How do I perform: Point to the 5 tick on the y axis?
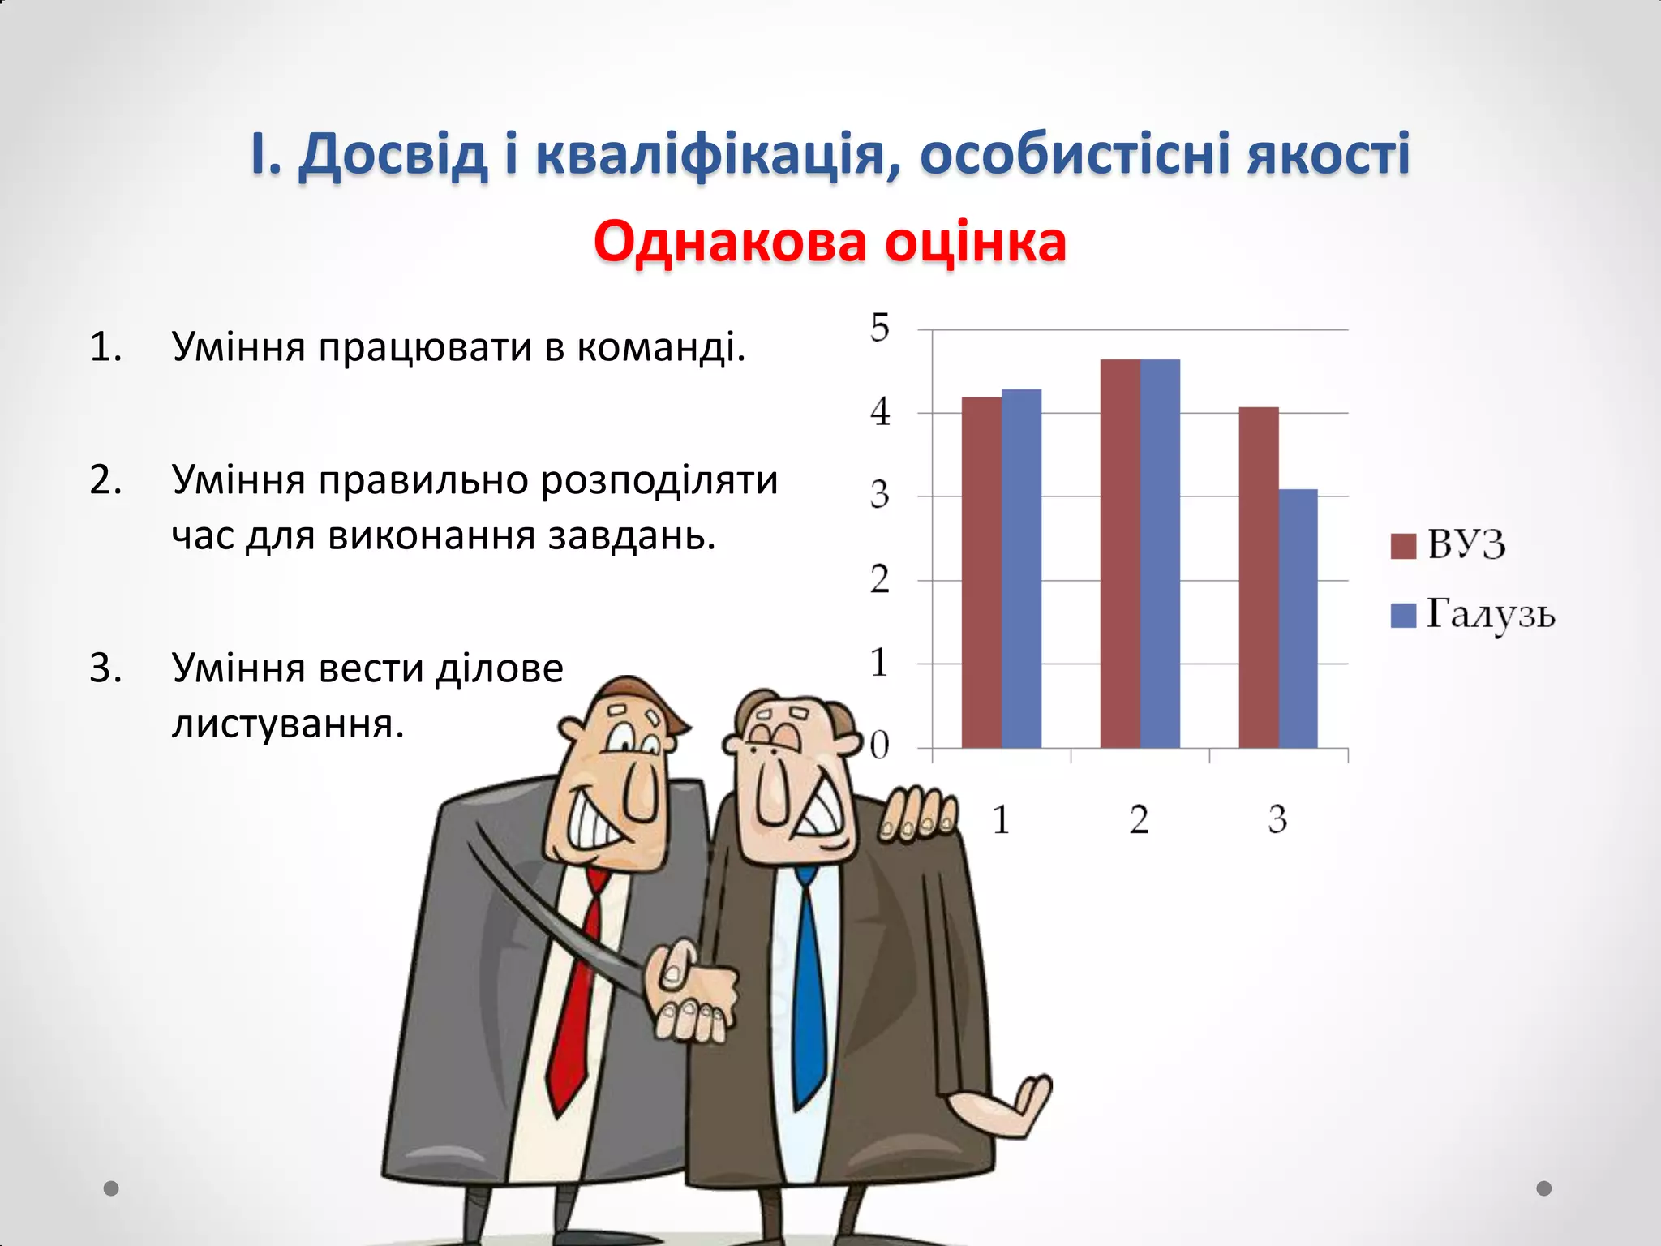click(x=880, y=329)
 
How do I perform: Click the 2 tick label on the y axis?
click(x=880, y=580)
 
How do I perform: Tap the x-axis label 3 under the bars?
click(x=1277, y=819)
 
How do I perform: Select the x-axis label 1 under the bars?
click(x=1001, y=819)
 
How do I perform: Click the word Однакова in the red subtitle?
click(x=730, y=242)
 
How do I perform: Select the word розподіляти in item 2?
click(x=659, y=479)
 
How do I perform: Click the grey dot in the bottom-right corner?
click(x=1544, y=1188)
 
